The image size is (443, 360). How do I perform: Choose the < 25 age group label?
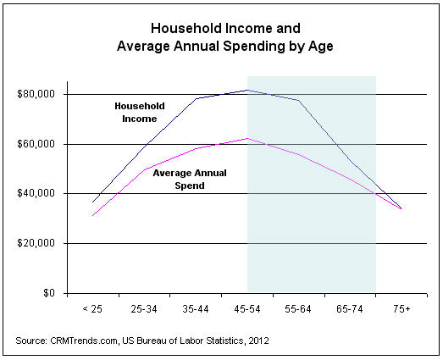click(92, 309)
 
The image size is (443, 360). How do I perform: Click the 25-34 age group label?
click(143, 309)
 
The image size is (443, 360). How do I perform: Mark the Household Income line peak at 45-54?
click(246, 90)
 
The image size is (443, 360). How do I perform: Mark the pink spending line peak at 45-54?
click(246, 138)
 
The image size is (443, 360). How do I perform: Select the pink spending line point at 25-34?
click(144, 169)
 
